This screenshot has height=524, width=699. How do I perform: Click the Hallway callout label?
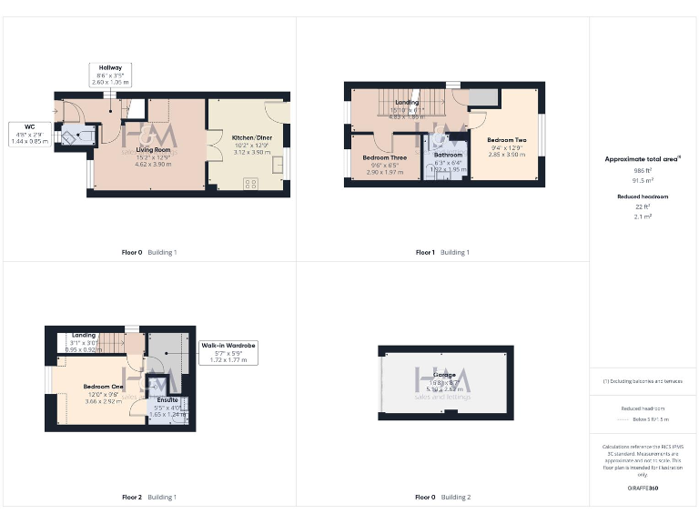click(111, 75)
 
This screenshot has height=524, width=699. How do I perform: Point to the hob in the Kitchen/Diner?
click(251, 183)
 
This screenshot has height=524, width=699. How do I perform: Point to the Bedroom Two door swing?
click(477, 119)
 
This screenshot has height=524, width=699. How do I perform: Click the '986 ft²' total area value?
click(643, 170)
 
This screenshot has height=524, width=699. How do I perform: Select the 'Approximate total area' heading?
click(643, 158)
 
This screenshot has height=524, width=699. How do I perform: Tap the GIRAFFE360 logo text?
click(643, 489)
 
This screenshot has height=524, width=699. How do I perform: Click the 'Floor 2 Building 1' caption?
click(149, 498)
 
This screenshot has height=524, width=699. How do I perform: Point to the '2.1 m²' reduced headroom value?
click(643, 217)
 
